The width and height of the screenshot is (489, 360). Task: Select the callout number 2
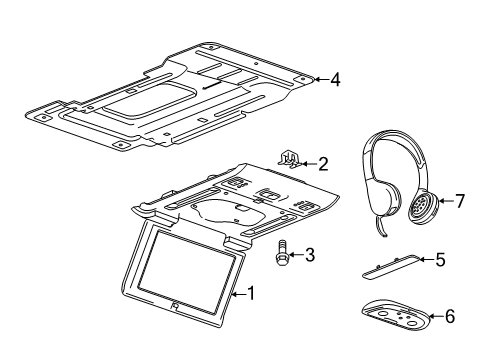point(323,162)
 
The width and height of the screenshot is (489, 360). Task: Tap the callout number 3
point(310,255)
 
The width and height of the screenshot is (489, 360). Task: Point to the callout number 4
point(335,79)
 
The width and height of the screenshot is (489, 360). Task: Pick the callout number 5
point(439,260)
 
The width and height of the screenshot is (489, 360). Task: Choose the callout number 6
point(450,317)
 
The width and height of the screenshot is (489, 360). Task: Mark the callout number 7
point(460,201)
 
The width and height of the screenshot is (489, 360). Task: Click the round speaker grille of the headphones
point(422,207)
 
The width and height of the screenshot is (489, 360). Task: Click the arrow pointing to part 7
point(445,201)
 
